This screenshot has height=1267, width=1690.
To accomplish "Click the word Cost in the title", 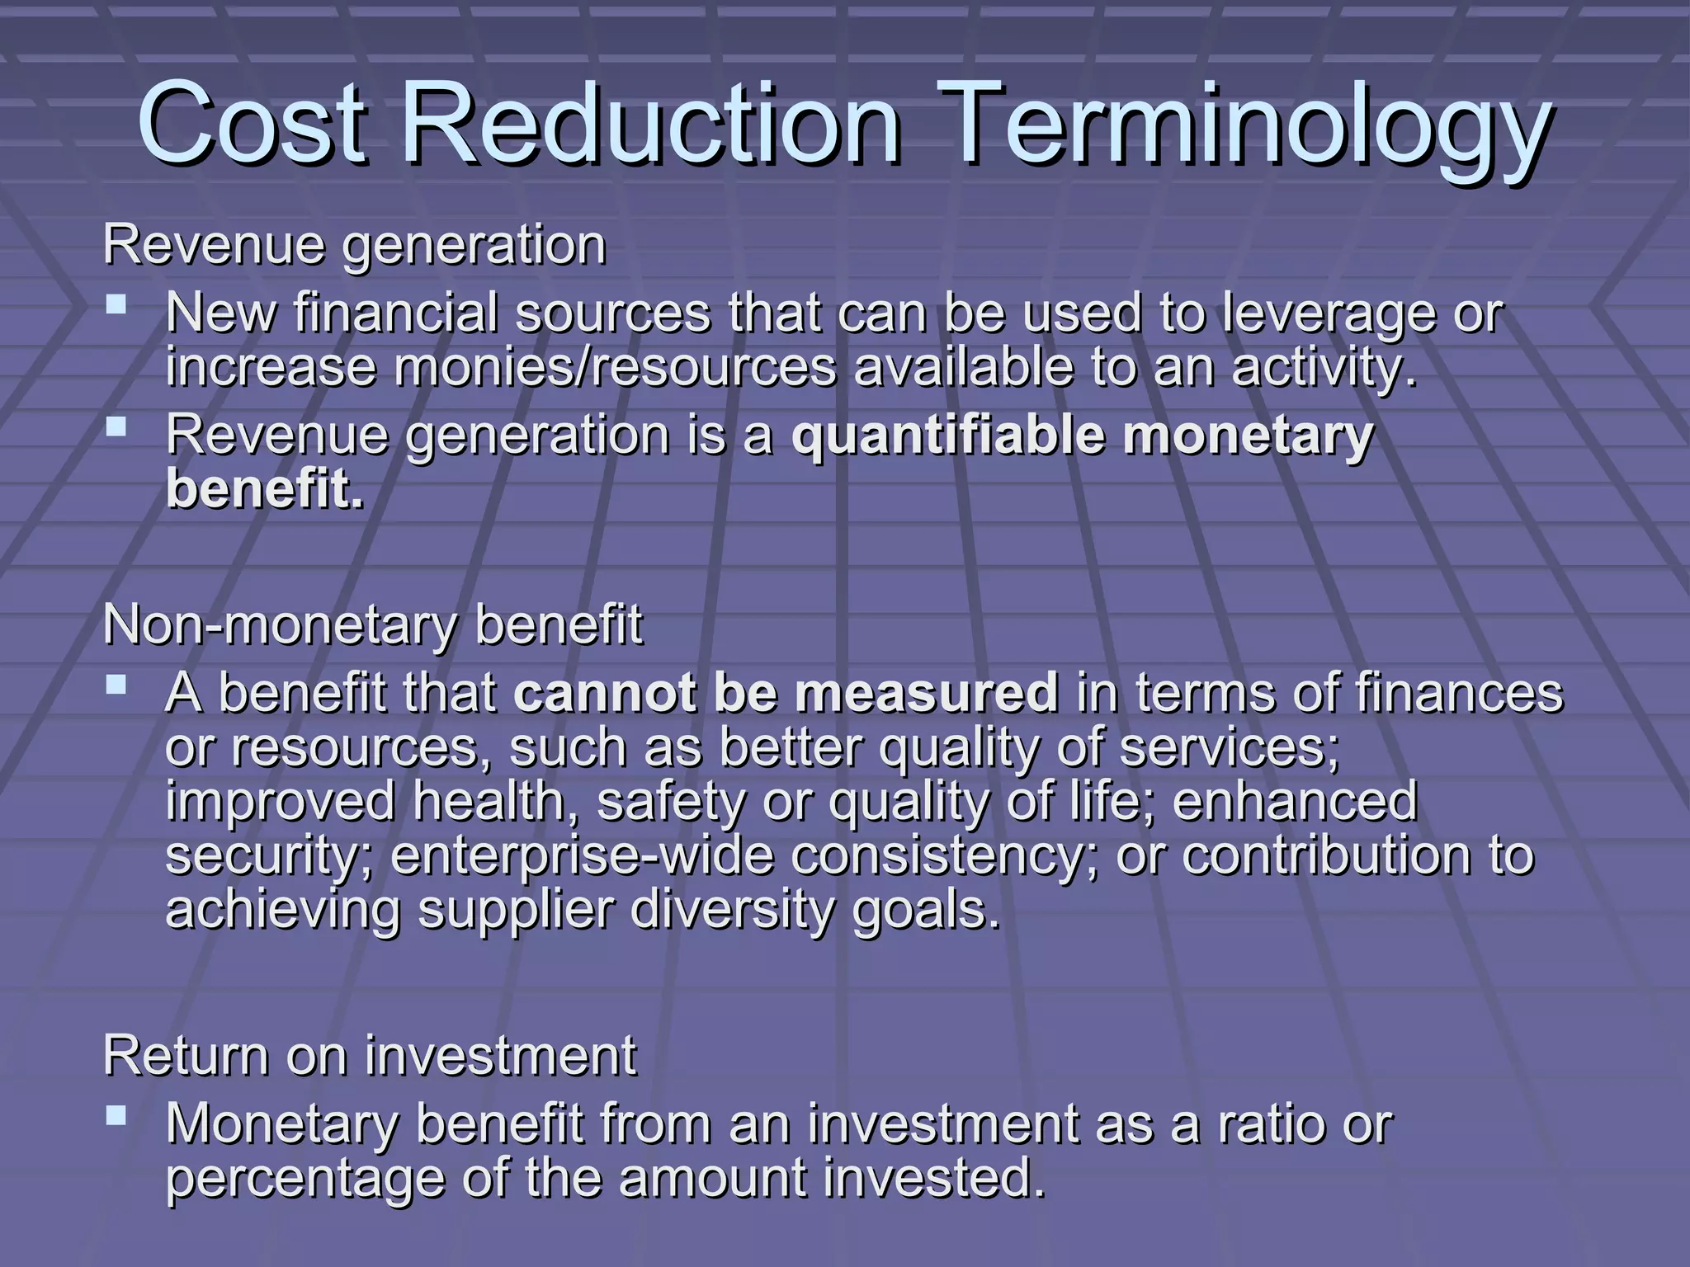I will [x=252, y=124].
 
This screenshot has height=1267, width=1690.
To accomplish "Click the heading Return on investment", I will [x=370, y=1055].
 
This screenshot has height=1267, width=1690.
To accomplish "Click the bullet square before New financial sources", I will [x=116, y=306].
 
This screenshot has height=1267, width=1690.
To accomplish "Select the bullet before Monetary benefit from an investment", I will [x=116, y=1117].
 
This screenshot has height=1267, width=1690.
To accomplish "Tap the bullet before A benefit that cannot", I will [x=116, y=685].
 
